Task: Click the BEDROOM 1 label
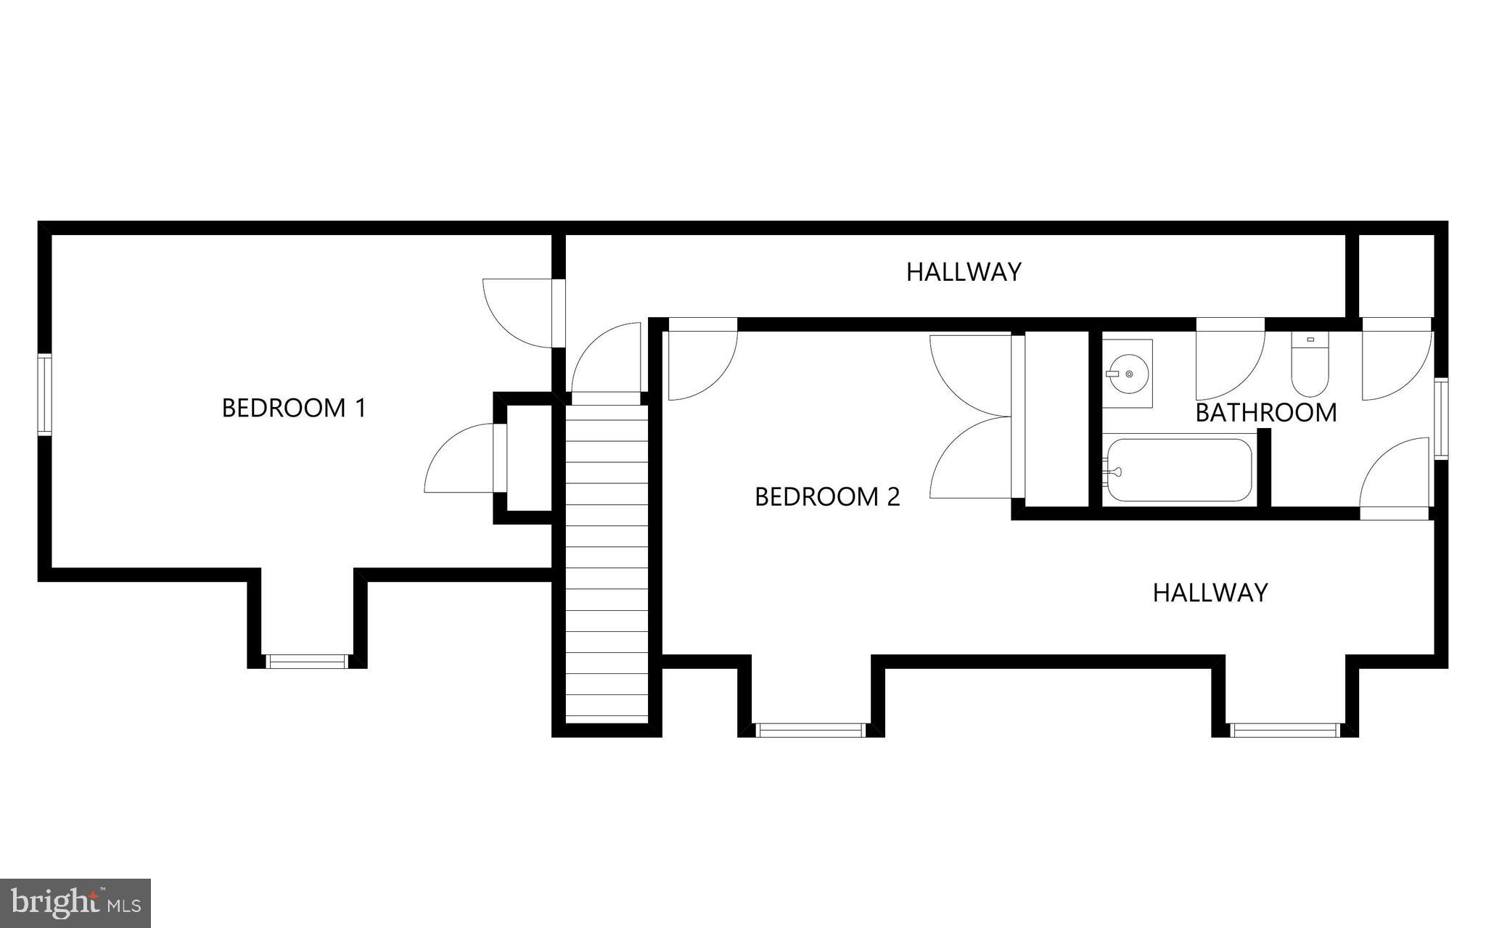294,408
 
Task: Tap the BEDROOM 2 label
827,497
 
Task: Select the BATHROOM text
1265,413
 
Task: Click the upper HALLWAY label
964,272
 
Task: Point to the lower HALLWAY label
1210,593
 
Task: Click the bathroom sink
1127,374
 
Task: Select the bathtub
1179,470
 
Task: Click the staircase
607,562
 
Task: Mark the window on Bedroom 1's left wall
45,395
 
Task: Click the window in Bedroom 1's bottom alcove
306,661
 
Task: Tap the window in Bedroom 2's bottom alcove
810,730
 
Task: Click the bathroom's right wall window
1441,419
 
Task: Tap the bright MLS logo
75,903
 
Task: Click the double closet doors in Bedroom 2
972,416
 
